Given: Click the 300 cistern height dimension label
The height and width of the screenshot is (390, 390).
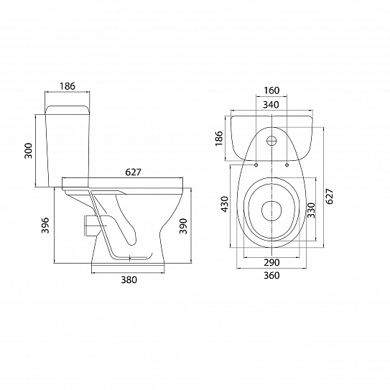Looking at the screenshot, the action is pos(29,151).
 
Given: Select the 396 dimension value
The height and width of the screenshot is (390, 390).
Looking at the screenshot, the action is pos(45,226).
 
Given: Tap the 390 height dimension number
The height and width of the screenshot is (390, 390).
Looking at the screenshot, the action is pos(183,226).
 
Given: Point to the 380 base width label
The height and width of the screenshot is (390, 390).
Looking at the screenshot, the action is pos(129,280).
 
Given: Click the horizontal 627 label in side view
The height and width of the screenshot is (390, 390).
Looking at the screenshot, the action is pos(133,172).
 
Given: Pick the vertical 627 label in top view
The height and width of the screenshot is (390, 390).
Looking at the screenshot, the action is pos(330,196).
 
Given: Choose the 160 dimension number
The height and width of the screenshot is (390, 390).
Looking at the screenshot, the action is pos(271,90).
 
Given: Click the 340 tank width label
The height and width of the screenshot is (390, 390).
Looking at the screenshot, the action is pos(271,105).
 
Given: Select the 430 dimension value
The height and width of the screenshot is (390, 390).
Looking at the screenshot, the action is pos(225,204).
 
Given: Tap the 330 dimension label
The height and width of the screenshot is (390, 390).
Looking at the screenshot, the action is pos(311,210).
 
